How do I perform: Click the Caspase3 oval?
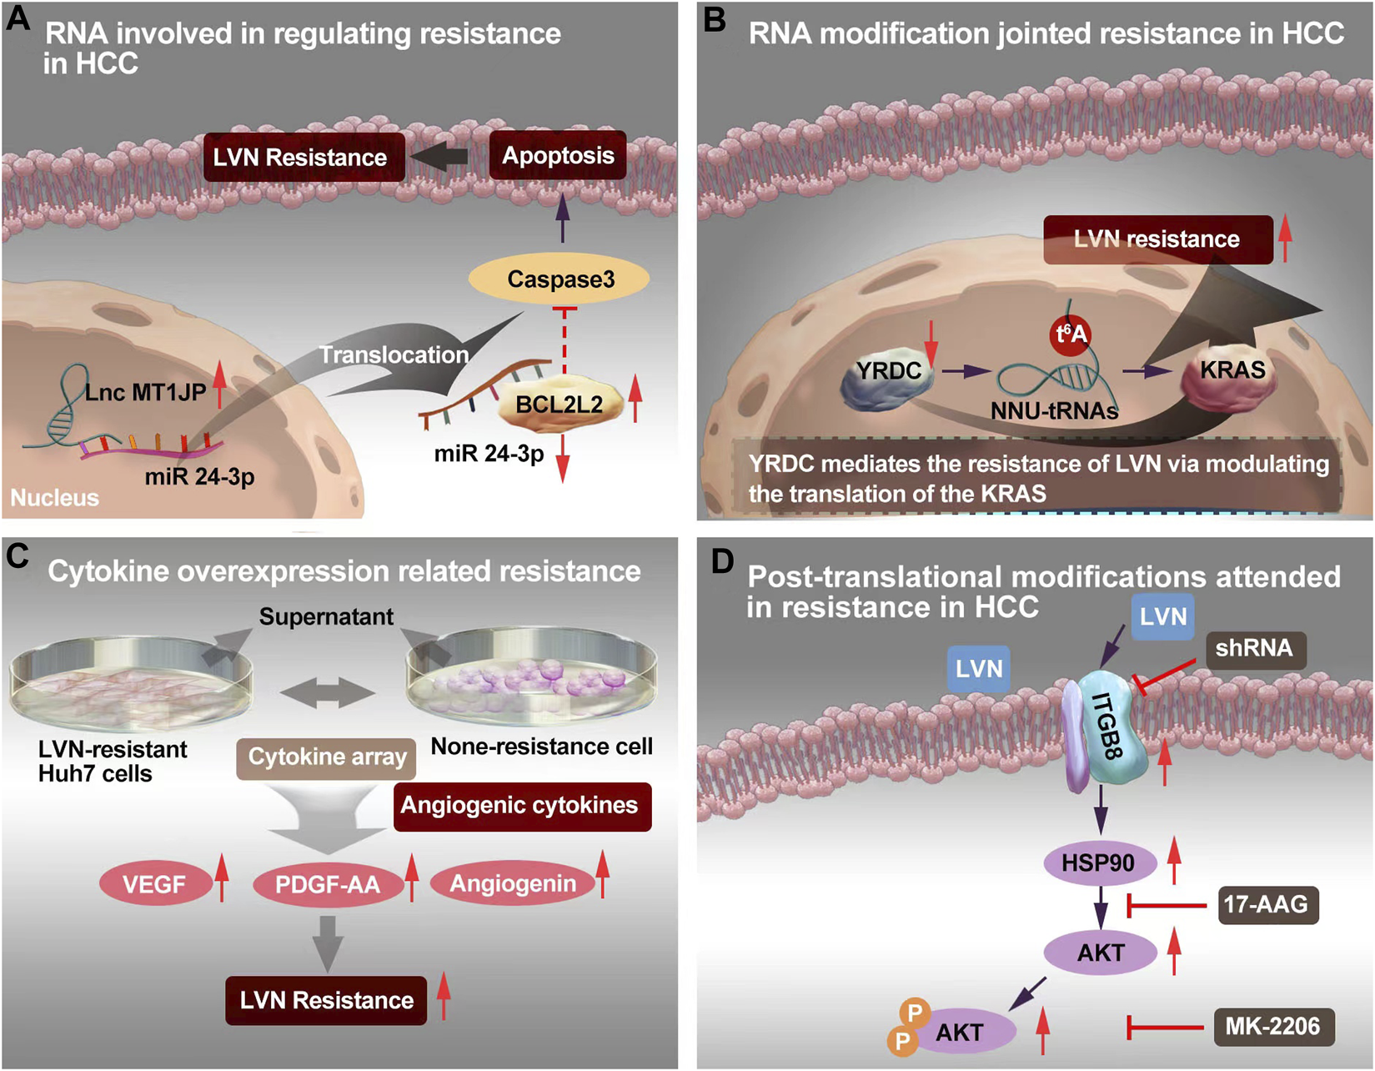560,279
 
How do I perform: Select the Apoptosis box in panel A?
558,156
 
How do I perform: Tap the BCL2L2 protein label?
560,405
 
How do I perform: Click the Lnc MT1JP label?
145,392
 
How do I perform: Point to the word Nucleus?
54,498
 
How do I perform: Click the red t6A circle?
1071,334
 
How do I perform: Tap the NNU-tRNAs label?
1054,411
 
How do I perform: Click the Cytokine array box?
327,757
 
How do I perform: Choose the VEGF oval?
155,884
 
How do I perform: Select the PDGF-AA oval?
328,884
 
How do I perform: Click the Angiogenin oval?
513,884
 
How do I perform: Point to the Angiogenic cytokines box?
519,806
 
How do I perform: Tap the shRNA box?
1254,649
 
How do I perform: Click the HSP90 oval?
1098,862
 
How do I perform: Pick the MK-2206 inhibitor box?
1272,1027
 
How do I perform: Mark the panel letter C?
18,556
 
